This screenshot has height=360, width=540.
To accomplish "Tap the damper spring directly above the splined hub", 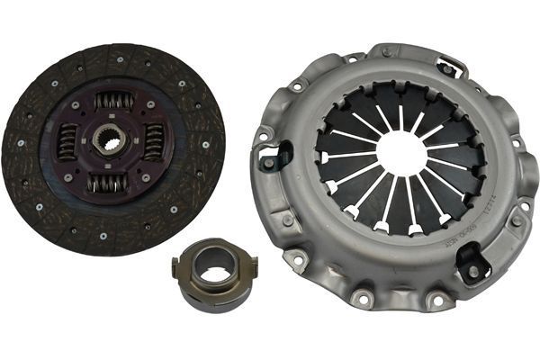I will (114, 101).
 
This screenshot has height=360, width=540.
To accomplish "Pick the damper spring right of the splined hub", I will (154, 142).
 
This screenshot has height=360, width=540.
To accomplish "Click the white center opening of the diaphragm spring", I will (400, 154).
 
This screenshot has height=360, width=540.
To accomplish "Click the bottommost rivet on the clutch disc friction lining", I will (104, 236).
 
